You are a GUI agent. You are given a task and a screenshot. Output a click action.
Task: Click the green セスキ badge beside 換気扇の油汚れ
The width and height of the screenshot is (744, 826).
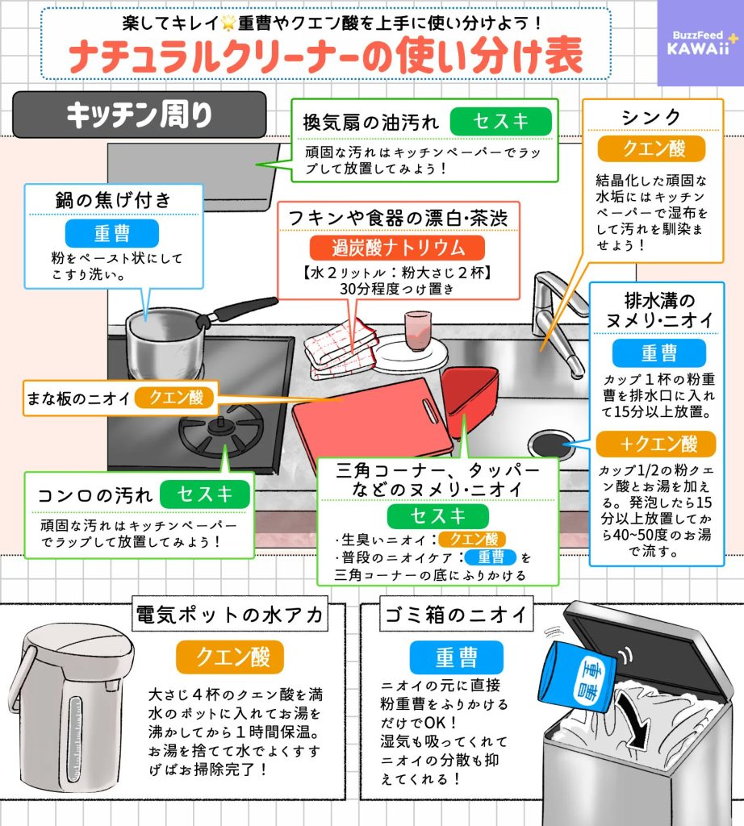coord(500,122)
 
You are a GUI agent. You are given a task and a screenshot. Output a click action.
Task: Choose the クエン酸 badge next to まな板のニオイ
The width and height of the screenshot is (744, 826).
coord(175,397)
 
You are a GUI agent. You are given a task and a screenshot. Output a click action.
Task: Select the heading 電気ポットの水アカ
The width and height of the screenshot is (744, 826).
coord(229,617)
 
